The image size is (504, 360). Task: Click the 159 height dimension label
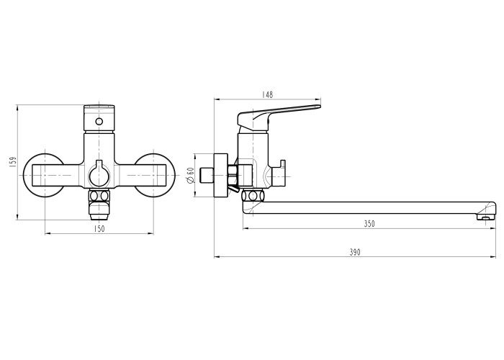tap(13, 161)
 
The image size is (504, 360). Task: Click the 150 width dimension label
tap(99, 229)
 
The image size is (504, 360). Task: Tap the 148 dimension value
tap(267, 94)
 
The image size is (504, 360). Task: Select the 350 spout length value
tap(369, 224)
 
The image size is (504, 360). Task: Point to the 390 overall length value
tap(355, 252)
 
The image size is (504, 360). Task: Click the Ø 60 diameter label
tap(190, 175)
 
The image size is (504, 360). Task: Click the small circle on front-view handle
tap(99, 122)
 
